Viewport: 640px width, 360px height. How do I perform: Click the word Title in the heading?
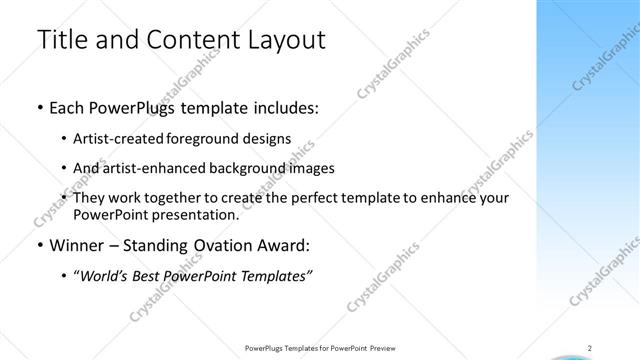click(x=61, y=41)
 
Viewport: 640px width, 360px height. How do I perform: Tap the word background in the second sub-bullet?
click(x=239, y=168)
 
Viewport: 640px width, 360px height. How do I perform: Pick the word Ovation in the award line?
click(x=230, y=245)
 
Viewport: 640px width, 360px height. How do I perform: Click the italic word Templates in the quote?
click(x=278, y=276)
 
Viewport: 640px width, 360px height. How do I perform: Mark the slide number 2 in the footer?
click(x=590, y=348)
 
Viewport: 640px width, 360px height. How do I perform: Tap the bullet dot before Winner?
click(x=39, y=246)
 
